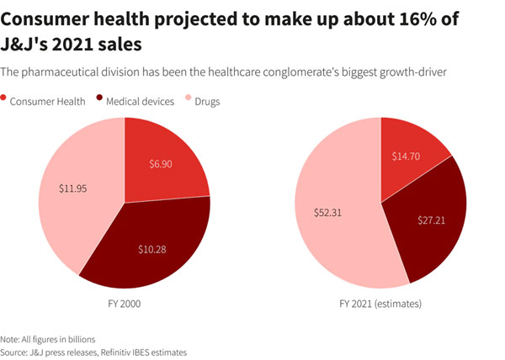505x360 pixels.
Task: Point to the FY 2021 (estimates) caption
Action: click(x=381, y=302)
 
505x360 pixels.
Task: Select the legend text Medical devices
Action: click(x=140, y=102)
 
